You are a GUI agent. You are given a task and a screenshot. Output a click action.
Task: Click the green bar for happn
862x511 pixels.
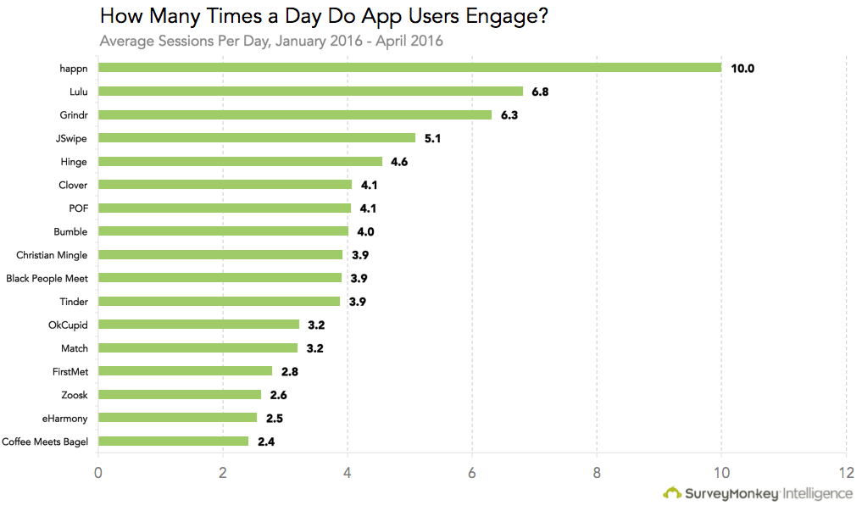409,68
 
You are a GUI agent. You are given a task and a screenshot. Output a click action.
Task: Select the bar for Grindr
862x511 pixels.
295,114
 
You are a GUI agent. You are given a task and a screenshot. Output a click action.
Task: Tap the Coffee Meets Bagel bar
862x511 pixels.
174,441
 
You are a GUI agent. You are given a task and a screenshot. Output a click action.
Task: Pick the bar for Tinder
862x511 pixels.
220,301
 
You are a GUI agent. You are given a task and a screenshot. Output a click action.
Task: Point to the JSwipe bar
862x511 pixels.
257,137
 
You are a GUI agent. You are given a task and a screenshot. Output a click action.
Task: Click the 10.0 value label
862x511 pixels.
742,68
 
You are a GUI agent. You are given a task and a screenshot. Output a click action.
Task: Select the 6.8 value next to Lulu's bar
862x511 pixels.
540,92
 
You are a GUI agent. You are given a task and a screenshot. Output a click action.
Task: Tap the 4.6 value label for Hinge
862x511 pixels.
399,161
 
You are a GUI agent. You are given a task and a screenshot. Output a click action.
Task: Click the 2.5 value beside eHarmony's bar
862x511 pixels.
274,418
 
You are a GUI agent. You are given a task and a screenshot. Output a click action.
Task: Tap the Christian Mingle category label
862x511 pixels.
52,254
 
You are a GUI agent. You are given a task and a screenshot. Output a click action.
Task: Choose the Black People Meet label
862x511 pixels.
47,278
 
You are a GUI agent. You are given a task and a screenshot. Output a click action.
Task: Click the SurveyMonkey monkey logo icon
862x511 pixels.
671,492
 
